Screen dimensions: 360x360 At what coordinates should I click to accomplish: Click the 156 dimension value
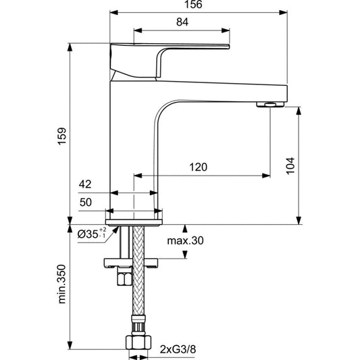(x=193, y=5)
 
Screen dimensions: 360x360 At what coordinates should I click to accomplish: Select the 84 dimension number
(x=182, y=22)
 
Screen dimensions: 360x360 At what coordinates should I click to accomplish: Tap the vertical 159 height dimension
(x=61, y=136)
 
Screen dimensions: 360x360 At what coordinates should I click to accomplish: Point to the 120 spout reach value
(x=198, y=167)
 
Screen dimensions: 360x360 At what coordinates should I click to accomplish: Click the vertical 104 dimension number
(x=290, y=165)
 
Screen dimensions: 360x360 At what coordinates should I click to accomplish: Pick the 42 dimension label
(x=85, y=184)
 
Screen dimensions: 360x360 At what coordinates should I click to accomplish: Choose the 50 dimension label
(x=86, y=202)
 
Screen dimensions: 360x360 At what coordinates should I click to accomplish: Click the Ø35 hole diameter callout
(x=92, y=234)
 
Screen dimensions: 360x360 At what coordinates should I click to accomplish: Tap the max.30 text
(x=185, y=241)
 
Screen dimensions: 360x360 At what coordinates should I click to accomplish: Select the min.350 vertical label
(x=61, y=284)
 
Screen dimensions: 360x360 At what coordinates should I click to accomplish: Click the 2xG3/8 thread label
(x=178, y=350)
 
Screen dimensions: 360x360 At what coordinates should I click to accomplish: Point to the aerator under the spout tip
(x=270, y=105)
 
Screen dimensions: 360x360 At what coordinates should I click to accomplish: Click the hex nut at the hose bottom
(x=138, y=342)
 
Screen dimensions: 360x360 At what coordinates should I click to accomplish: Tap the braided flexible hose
(x=138, y=271)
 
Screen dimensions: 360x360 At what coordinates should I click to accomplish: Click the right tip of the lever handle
(x=229, y=47)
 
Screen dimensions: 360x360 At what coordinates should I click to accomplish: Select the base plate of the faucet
(x=134, y=222)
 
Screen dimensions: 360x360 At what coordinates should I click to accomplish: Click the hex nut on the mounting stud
(x=124, y=277)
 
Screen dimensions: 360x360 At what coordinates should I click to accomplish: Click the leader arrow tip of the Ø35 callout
(x=118, y=226)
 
